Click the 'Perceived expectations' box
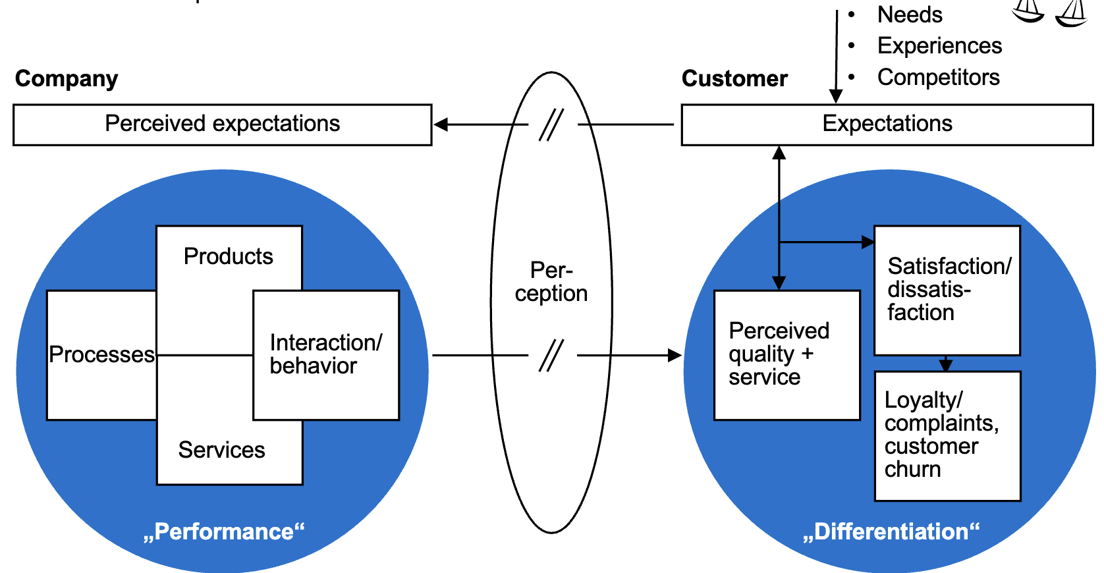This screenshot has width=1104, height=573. [222, 124]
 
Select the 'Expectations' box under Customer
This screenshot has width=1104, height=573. [887, 124]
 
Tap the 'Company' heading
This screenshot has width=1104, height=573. [67, 78]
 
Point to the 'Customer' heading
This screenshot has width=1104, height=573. [734, 78]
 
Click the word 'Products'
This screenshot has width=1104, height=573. [228, 256]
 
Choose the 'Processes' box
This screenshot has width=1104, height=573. [101, 355]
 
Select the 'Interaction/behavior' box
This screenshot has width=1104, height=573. [326, 354]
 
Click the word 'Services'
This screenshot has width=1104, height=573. [221, 450]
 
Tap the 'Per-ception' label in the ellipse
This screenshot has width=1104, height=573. [551, 282]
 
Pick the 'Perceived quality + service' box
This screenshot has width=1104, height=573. [787, 354]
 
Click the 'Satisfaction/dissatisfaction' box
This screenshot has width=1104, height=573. [947, 290]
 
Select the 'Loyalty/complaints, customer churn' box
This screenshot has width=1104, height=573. [947, 435]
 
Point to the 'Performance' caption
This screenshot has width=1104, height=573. [224, 532]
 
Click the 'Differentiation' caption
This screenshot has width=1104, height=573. [891, 532]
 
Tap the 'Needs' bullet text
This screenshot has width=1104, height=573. [910, 14]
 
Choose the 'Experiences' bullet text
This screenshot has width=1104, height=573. [939, 45]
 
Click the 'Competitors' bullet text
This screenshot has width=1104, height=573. [938, 77]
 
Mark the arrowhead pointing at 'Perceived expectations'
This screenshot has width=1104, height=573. [441, 124]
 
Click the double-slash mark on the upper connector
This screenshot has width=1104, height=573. [551, 124]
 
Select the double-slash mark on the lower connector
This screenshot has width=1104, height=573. [551, 356]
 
